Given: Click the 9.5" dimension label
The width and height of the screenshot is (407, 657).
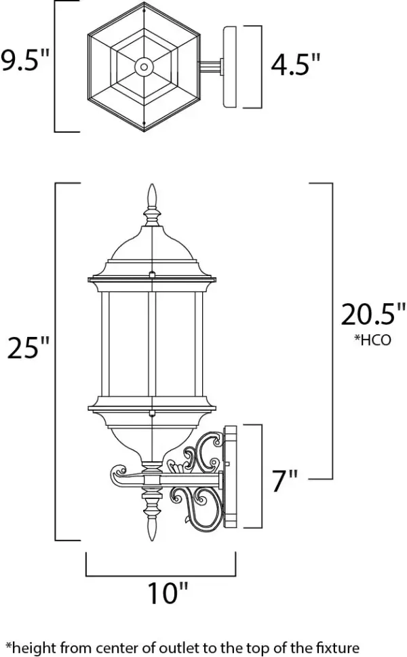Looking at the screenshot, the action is pos(25,60).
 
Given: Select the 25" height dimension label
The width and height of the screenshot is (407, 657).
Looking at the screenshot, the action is pos(28,347).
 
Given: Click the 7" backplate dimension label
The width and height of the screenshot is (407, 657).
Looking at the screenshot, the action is pos(285,481).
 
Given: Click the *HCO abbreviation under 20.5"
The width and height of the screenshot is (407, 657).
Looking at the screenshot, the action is pos(372,340).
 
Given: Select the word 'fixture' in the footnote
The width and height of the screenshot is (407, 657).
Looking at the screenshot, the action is pos(338,648).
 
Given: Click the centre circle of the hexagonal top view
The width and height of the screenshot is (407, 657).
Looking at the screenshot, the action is pos(144,66).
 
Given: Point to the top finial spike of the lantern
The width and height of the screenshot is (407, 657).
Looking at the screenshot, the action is pos(152,196).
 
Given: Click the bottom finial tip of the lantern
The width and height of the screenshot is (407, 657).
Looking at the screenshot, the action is pos(152,539).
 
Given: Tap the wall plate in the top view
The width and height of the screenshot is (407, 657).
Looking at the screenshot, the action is pos(230,67).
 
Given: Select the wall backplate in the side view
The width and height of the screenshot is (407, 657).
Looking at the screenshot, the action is pos(231,477).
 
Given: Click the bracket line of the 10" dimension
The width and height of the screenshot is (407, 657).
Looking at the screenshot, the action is pos(161,576).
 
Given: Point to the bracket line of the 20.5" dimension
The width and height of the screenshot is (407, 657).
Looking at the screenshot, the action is pos(332,331).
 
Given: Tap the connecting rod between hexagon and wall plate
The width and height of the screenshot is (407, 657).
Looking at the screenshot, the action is pos(210,66).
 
